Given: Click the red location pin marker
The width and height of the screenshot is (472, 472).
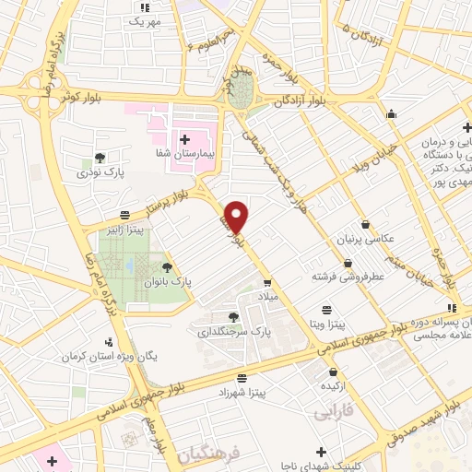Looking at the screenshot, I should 237,217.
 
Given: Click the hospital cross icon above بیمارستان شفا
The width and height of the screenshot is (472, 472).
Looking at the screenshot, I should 185,138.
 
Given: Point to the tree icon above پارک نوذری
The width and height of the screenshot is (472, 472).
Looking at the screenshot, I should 100,157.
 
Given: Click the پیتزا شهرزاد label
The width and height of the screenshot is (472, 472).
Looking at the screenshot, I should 243,393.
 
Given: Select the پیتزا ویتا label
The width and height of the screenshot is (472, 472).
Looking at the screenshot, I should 326,325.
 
